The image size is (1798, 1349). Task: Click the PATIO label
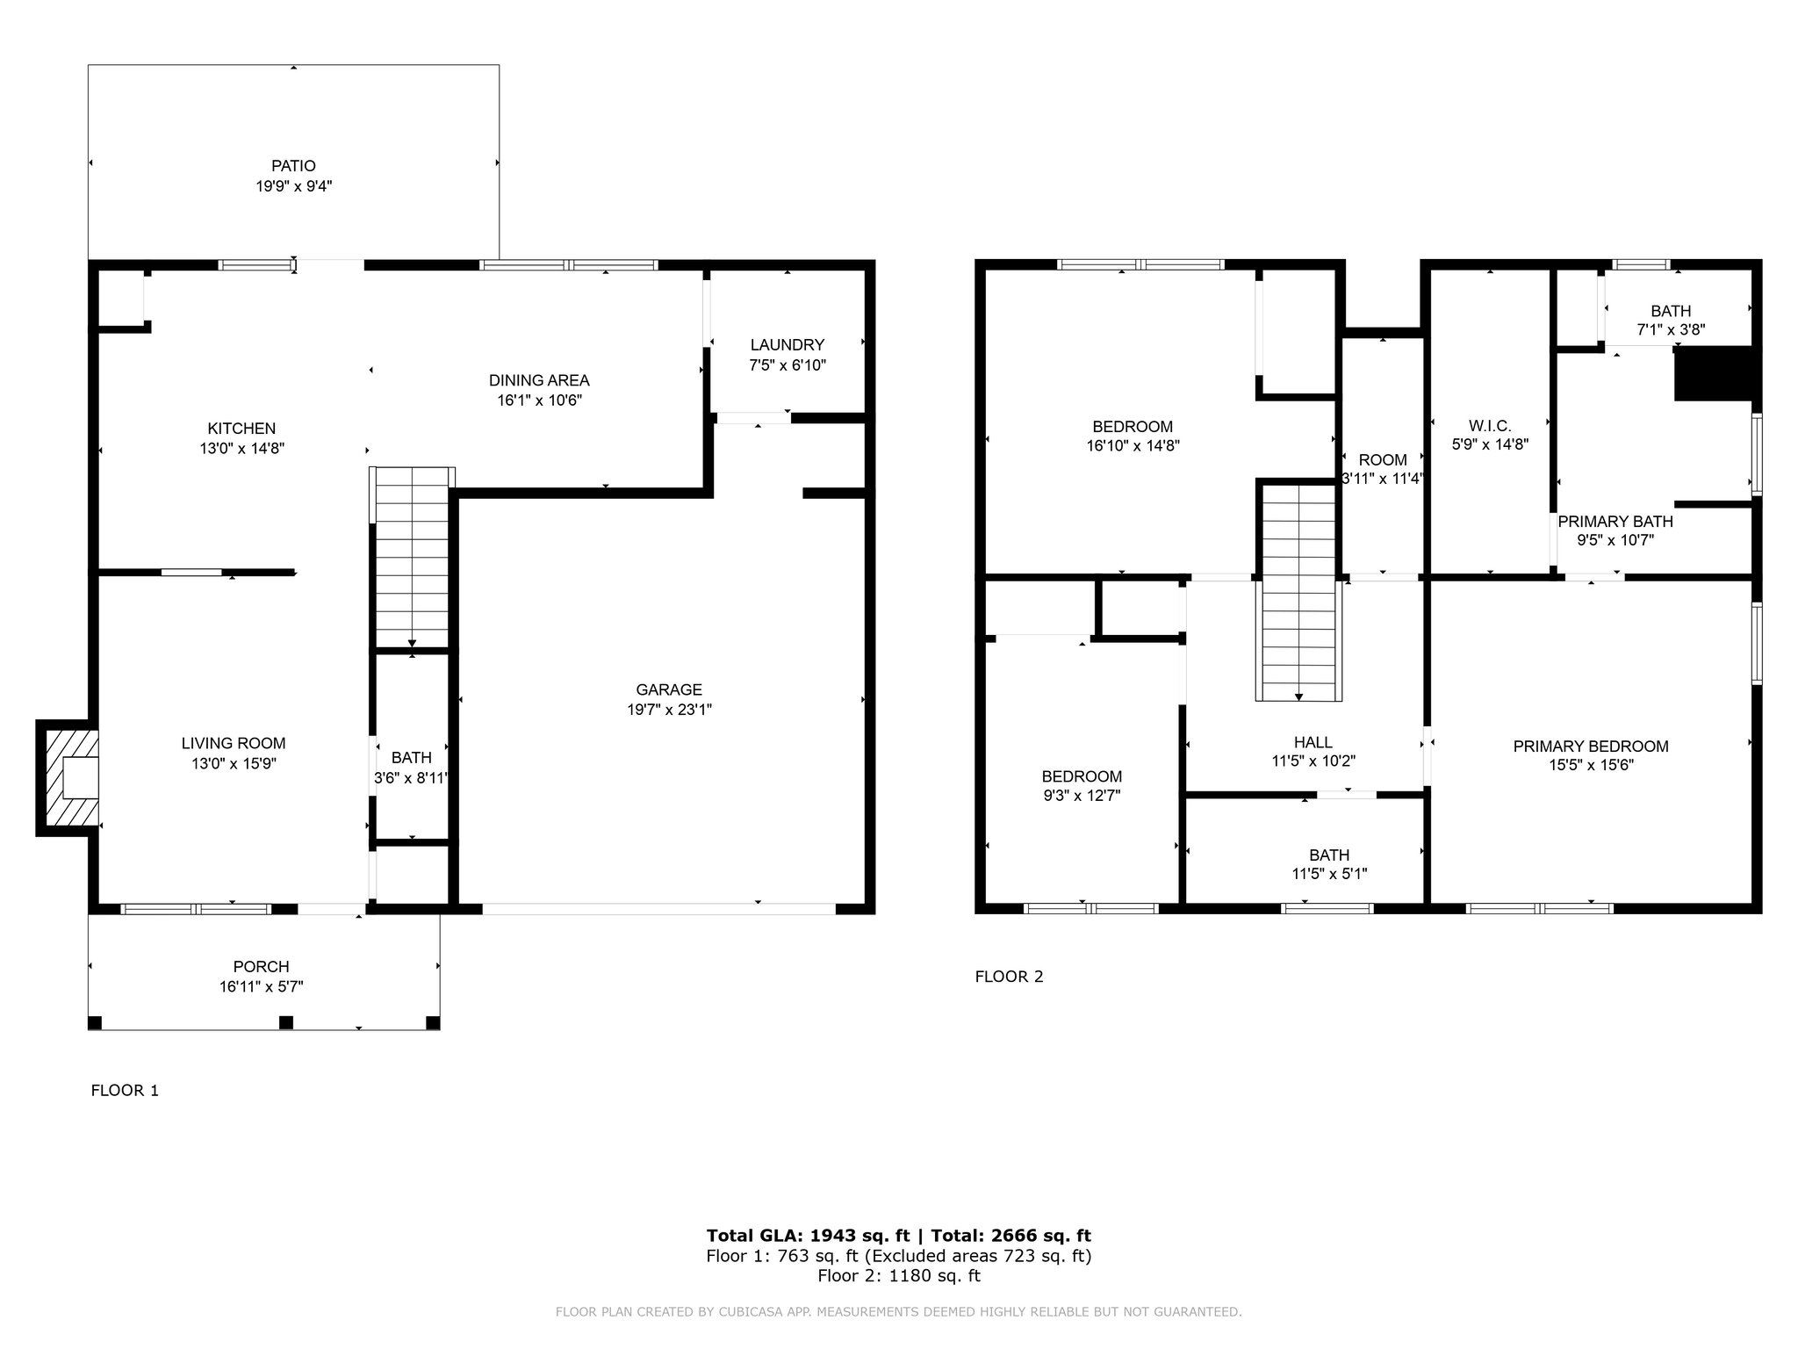point(293,166)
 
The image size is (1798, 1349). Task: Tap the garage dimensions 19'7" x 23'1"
point(669,710)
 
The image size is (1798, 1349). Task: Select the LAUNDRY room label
point(788,345)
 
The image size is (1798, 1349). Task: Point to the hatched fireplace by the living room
point(67,777)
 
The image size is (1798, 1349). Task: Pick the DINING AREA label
point(539,380)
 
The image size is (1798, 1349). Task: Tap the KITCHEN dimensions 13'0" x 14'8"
point(241,448)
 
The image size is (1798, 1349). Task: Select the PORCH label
point(262,967)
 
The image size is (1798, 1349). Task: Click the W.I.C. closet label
point(1490,426)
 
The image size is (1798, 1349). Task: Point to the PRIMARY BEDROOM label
point(1591,747)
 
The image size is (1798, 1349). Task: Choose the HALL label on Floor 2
point(1313,742)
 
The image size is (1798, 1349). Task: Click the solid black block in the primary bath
point(1716,374)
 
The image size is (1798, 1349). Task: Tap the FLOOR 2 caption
point(1010,977)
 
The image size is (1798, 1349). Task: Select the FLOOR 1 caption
point(125,1091)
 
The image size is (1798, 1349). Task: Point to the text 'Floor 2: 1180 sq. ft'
point(899,1275)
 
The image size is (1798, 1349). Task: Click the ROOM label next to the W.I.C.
point(1383,459)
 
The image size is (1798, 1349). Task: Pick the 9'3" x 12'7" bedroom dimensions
point(1082,796)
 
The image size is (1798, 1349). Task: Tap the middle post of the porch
point(285,1022)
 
